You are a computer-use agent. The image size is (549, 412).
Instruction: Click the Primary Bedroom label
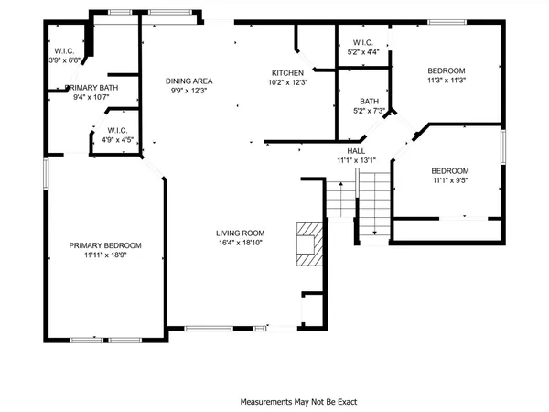pyautogui.click(x=106, y=245)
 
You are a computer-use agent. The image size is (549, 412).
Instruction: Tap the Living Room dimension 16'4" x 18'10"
pyautogui.click(x=241, y=243)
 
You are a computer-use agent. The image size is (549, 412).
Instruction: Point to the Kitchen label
pyautogui.click(x=287, y=73)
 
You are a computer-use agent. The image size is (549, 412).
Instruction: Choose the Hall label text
pyautogui.click(x=356, y=150)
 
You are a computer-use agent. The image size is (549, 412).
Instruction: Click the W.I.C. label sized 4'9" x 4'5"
pyautogui.click(x=117, y=130)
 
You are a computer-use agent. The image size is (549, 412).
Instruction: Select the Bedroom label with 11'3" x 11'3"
pyautogui.click(x=447, y=70)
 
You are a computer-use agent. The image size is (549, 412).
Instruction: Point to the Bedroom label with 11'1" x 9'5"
pyautogui.click(x=450, y=171)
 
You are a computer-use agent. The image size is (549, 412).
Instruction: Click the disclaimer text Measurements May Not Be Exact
pyautogui.click(x=298, y=401)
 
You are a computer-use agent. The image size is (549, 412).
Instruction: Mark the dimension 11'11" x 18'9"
pyautogui.click(x=106, y=255)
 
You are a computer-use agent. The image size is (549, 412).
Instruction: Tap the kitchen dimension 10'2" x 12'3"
pyautogui.click(x=287, y=83)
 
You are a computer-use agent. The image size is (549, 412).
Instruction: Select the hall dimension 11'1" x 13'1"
pyautogui.click(x=356, y=160)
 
